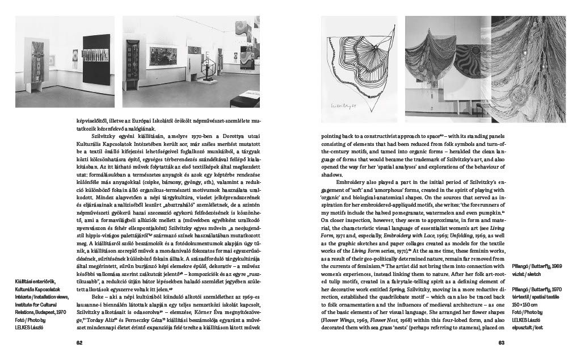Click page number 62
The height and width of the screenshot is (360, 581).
point(81,342)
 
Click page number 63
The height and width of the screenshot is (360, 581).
point(501,342)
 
